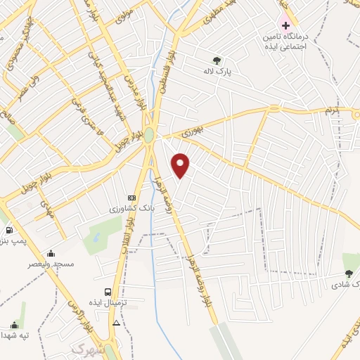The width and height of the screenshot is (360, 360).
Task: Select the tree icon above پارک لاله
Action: (x=217, y=60)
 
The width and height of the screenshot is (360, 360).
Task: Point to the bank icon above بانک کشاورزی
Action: (x=131, y=198)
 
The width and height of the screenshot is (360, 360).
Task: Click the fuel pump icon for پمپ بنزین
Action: (x=8, y=230)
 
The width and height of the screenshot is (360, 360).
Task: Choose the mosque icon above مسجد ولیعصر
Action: (x=51, y=253)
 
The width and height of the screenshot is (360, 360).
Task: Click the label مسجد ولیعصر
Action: (x=45, y=264)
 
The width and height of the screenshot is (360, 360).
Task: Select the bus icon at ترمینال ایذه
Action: (x=108, y=291)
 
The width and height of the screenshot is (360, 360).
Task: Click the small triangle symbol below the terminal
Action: (x=116, y=323)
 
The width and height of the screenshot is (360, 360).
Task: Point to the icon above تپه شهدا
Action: (x=14, y=324)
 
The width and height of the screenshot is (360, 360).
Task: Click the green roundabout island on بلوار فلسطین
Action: (x=149, y=134)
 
